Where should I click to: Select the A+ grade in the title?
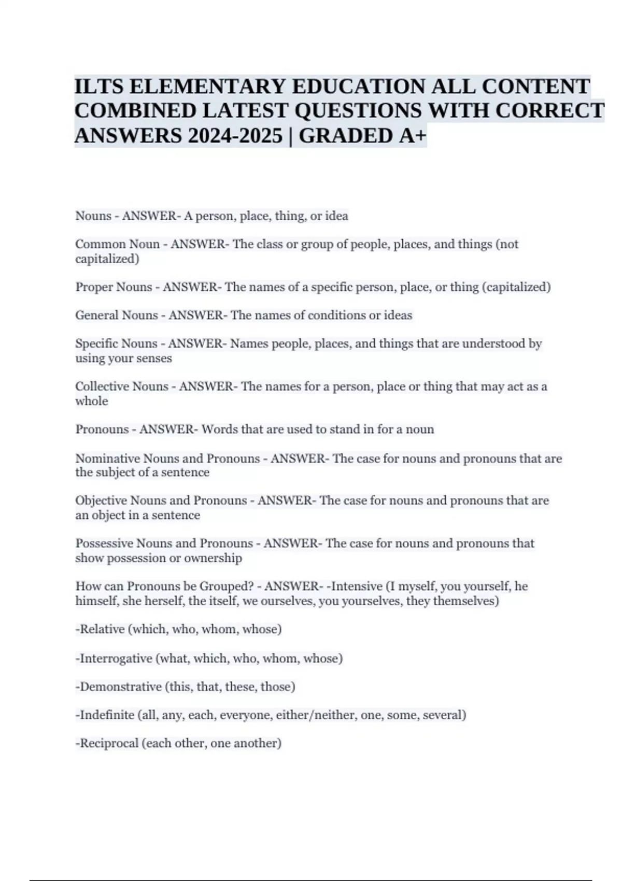[x=412, y=136]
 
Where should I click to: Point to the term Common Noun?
[x=117, y=244]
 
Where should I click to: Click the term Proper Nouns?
[x=114, y=287]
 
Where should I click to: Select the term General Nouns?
[x=117, y=315]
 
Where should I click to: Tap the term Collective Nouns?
[x=121, y=387]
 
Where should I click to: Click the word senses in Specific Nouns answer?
[x=154, y=358]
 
